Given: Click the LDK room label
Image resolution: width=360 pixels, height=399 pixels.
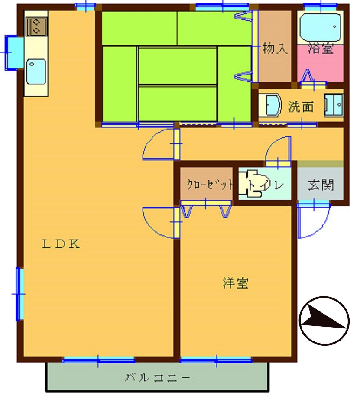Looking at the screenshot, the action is (61, 244).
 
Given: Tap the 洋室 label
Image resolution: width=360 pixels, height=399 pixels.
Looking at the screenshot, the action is (235, 283).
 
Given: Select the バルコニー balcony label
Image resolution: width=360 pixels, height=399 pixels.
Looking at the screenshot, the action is (157, 378).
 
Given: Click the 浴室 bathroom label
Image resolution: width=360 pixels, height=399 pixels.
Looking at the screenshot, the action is (321, 49).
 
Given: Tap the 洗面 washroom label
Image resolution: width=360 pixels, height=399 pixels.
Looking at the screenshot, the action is (301, 107).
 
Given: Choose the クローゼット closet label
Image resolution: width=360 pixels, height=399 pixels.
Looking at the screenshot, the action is (210, 184).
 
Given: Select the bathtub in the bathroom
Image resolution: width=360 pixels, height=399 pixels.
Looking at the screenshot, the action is (320, 27).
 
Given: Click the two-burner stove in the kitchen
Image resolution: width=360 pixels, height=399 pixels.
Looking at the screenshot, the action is (37, 26).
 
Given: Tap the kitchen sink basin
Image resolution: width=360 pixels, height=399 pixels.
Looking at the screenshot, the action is (36, 72).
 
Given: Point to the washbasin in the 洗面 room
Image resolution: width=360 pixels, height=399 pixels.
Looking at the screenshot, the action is (270, 105).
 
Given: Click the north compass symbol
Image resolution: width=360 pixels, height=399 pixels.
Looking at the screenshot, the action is (324, 321).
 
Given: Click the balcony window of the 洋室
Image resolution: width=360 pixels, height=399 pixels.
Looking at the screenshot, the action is (216, 360).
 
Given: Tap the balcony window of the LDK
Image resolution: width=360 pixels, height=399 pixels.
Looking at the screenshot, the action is (98, 360).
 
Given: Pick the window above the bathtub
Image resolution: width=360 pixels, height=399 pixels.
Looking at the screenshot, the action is (321, 6).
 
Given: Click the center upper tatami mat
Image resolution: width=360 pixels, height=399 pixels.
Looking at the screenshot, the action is (177, 65).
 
